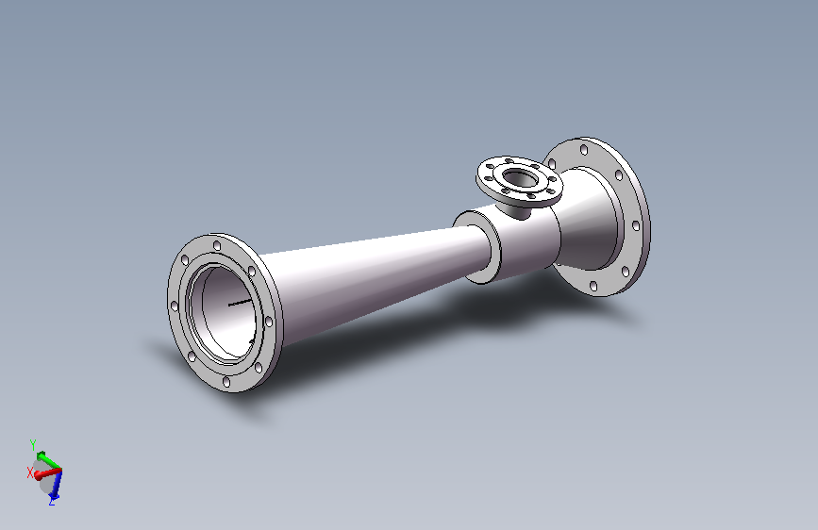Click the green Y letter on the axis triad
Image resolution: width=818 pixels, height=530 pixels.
(32, 442)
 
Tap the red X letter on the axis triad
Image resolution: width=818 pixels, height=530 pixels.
(30, 471)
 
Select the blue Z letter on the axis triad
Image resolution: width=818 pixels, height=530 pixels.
(51, 503)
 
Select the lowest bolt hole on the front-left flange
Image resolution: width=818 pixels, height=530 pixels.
(226, 384)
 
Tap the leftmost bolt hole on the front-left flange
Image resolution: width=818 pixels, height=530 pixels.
(175, 306)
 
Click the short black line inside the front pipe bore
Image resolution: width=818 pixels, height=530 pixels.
(241, 303)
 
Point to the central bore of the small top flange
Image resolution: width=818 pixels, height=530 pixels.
(519, 176)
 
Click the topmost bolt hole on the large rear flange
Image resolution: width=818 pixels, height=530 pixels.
(585, 148)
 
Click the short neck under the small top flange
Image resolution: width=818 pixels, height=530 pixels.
(516, 207)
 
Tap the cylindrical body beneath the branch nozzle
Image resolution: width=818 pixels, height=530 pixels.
(524, 245)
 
